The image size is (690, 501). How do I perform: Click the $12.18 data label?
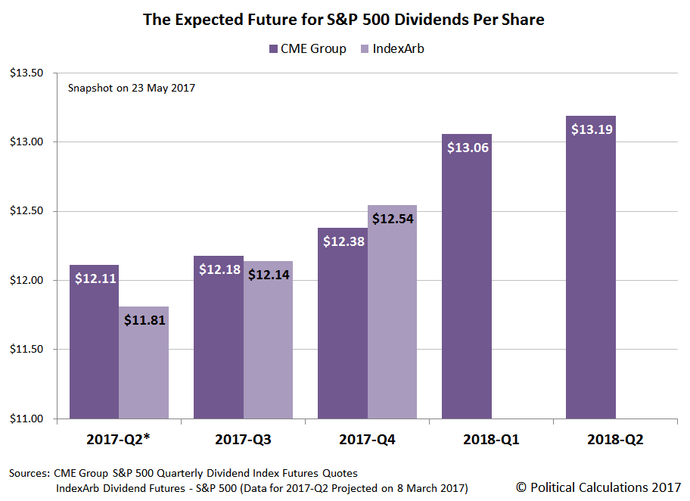[x=218, y=269]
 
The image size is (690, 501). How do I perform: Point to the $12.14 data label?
[x=268, y=274]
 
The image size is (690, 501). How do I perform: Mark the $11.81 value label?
[x=144, y=319]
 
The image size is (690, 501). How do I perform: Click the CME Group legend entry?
[x=306, y=49]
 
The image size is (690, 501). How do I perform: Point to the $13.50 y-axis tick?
[x=26, y=73]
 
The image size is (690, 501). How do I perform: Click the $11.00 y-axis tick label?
[x=26, y=419]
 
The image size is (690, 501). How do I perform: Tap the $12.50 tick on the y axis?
[x=26, y=211]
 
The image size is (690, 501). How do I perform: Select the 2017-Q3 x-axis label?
[x=243, y=440]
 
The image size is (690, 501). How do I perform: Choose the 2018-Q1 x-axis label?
[x=491, y=440]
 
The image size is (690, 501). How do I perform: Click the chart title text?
[x=344, y=20]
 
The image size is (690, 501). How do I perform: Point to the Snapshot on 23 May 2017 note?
[x=132, y=88]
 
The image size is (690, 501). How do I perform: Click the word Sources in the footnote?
[x=29, y=473]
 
